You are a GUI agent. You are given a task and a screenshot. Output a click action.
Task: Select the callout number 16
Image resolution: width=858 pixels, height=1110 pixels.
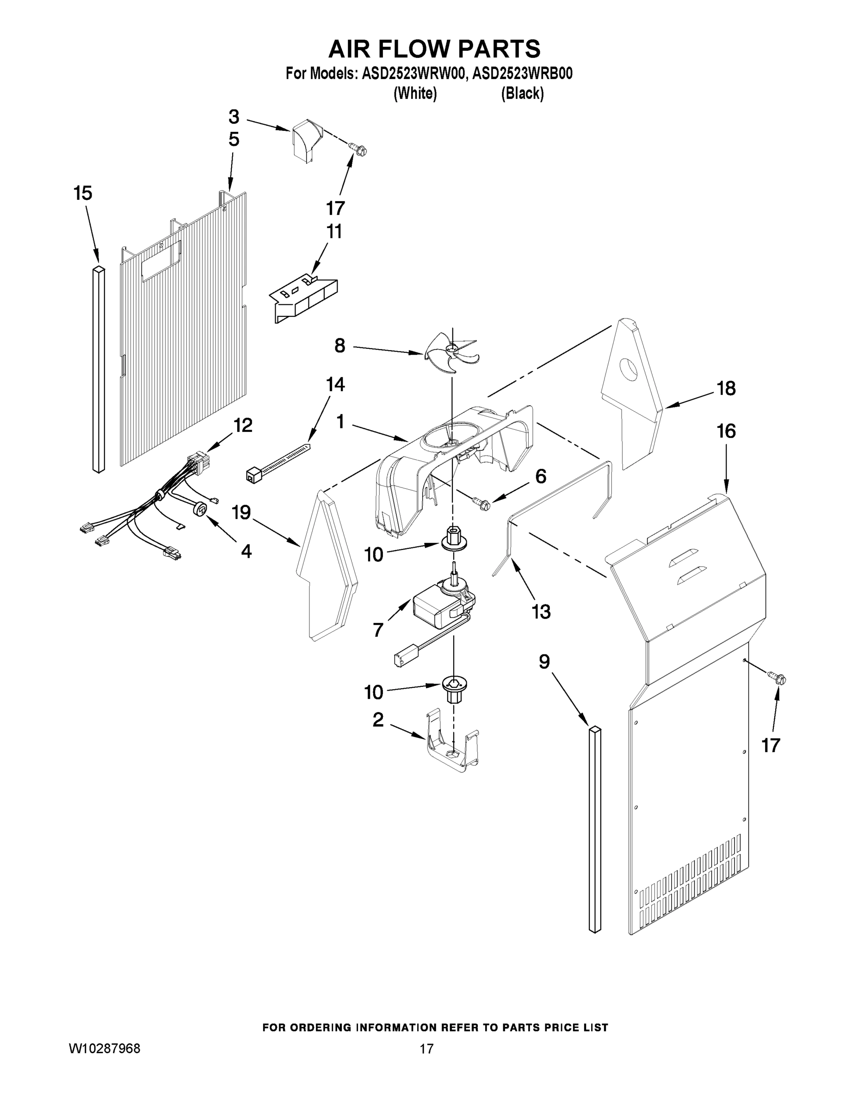726,432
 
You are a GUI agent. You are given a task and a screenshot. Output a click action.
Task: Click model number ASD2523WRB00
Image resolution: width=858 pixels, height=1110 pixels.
523,74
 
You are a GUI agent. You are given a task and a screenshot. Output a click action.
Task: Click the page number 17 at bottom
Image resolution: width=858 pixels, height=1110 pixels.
426,1048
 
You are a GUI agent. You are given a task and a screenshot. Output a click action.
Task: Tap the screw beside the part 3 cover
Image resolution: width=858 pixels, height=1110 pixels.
358,149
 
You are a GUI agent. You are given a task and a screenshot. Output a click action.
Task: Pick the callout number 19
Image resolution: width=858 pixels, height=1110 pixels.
241,512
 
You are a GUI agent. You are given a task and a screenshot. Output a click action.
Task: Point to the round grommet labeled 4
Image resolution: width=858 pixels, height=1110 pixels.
200,509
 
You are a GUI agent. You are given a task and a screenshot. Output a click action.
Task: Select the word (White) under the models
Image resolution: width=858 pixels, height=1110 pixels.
415,93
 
